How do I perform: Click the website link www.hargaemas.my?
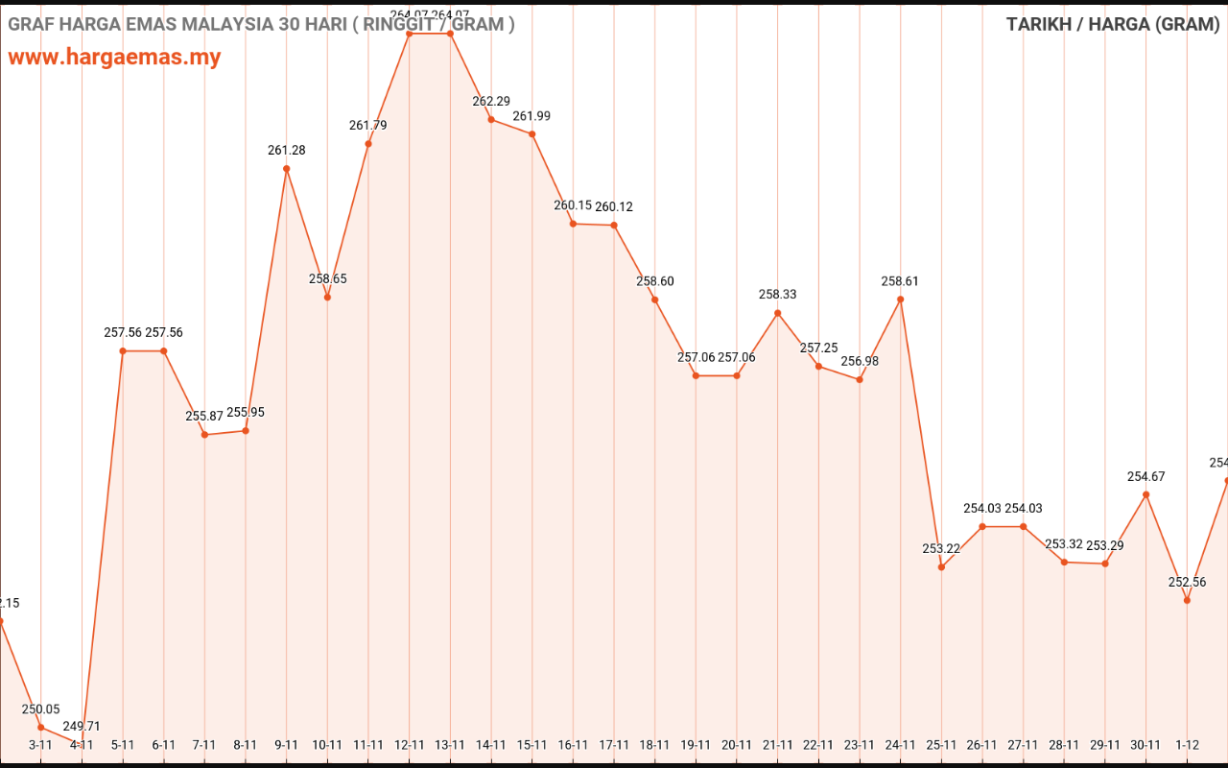114,57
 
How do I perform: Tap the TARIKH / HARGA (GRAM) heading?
1113,24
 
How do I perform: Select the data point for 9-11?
287,169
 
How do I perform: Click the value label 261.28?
287,150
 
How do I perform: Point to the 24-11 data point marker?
900,300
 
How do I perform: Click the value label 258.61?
900,281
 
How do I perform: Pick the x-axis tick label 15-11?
531,744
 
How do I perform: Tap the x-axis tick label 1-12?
1187,744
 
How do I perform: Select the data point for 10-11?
327,298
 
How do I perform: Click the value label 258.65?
327,278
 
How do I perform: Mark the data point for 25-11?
941,567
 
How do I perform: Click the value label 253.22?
941,548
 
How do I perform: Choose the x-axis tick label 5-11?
123,744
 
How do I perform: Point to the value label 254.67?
1145,476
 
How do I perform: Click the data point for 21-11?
777,313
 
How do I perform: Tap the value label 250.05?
40,708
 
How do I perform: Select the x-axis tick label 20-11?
736,744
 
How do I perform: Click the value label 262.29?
491,101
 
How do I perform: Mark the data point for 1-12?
1187,601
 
